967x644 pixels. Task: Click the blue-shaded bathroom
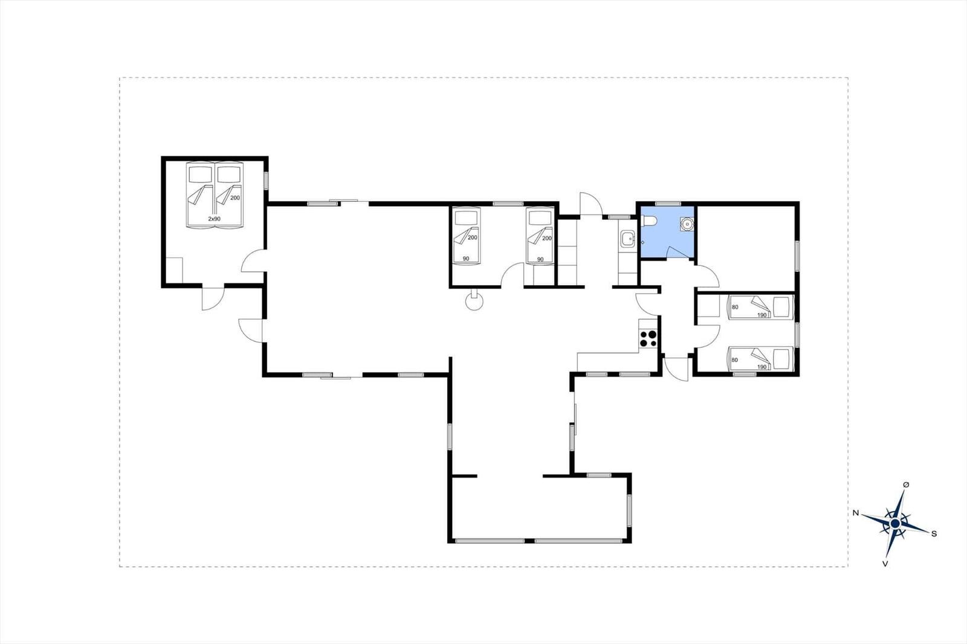pyautogui.click(x=667, y=232)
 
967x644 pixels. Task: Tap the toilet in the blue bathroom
pyautogui.click(x=649, y=221)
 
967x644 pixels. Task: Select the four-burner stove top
pyautogui.click(x=648, y=338)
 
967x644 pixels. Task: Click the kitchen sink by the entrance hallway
pyautogui.click(x=627, y=239)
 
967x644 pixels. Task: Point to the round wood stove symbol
pyautogui.click(x=474, y=301)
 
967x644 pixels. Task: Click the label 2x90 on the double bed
pyautogui.click(x=214, y=219)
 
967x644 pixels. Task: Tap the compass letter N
pyautogui.click(x=855, y=513)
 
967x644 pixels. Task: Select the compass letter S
pyautogui.click(x=934, y=534)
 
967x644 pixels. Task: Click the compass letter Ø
pyautogui.click(x=906, y=485)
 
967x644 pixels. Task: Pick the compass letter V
pyautogui.click(x=885, y=564)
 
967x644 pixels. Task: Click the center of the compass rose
pyautogui.click(x=895, y=524)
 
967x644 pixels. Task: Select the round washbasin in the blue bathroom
pyautogui.click(x=687, y=224)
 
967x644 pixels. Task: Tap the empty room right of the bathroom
pyautogui.click(x=746, y=248)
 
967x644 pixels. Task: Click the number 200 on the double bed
pyautogui.click(x=235, y=198)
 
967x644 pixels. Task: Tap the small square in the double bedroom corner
pyautogui.click(x=174, y=270)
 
